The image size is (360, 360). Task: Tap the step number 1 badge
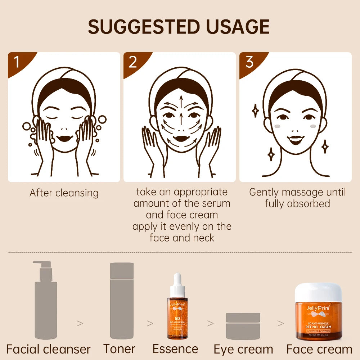pyautogui.click(x=17, y=62)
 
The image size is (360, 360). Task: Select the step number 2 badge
pyautogui.click(x=133, y=62)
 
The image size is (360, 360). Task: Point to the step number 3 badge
pyautogui.click(x=249, y=62)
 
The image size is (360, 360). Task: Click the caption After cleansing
pyautogui.click(x=64, y=193)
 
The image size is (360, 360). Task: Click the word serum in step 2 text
pyautogui.click(x=215, y=203)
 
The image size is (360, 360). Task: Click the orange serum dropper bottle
pyautogui.click(x=177, y=317)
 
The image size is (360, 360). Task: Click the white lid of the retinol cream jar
pyautogui.click(x=318, y=293)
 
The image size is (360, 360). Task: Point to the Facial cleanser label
pyautogui.click(x=49, y=349)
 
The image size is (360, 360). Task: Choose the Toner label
pyautogui.click(x=119, y=348)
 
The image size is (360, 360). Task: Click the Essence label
pyautogui.click(x=175, y=348)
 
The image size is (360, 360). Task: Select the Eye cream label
pyautogui.click(x=243, y=349)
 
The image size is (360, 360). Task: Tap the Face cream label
pyautogui.click(x=319, y=349)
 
